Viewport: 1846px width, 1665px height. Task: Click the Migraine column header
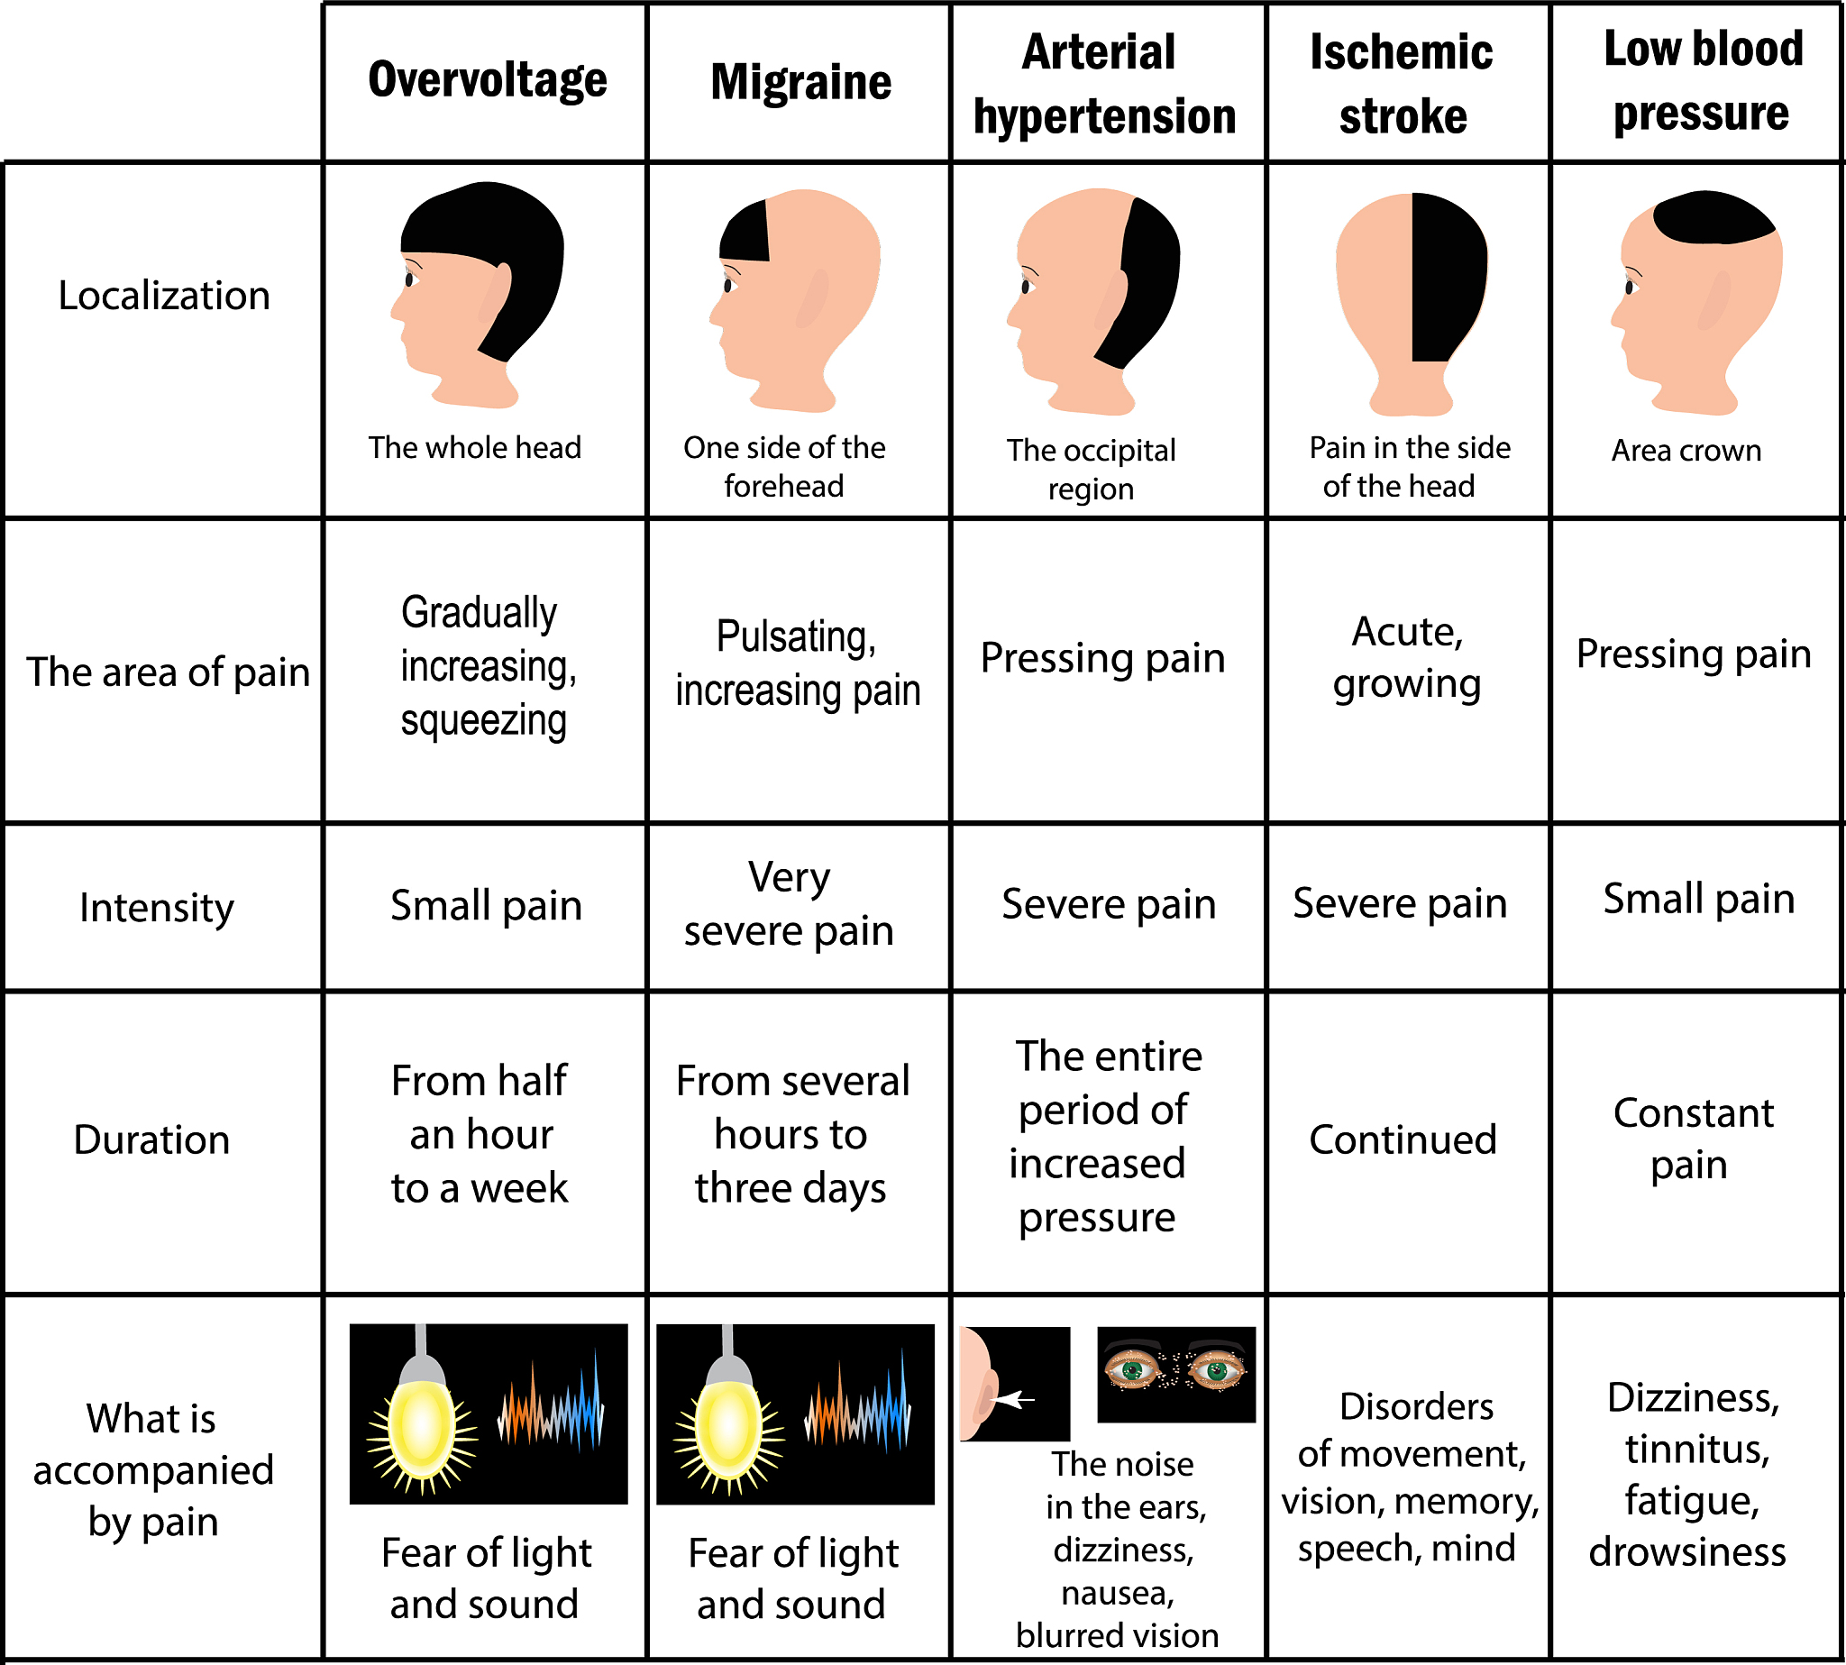click(800, 82)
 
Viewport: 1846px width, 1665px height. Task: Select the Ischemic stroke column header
click(1402, 84)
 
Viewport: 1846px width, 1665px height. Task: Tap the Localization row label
click(165, 296)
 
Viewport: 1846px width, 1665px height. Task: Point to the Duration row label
click(151, 1139)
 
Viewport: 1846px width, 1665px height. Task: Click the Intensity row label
click(157, 908)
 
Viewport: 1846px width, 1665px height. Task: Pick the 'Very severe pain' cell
click(789, 904)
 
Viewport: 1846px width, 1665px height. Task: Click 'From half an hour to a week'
click(480, 1134)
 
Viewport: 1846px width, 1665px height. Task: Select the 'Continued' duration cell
click(1403, 1139)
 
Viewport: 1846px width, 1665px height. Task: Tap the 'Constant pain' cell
click(1693, 1139)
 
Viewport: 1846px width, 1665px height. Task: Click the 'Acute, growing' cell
click(1407, 658)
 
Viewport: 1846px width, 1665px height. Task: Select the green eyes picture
click(1176, 1373)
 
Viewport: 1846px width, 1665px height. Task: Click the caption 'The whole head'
click(475, 447)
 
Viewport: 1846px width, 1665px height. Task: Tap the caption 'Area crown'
click(1686, 450)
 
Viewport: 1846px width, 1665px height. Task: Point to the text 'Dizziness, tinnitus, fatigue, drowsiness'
click(1690, 1475)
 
